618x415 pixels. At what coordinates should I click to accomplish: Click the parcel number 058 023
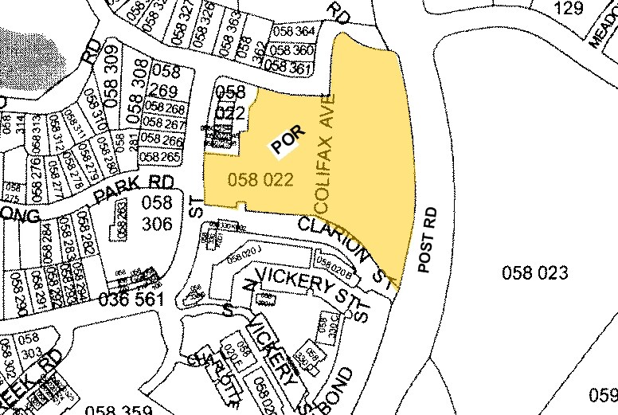coord(535,273)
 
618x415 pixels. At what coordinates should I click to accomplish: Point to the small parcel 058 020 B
coord(335,264)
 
